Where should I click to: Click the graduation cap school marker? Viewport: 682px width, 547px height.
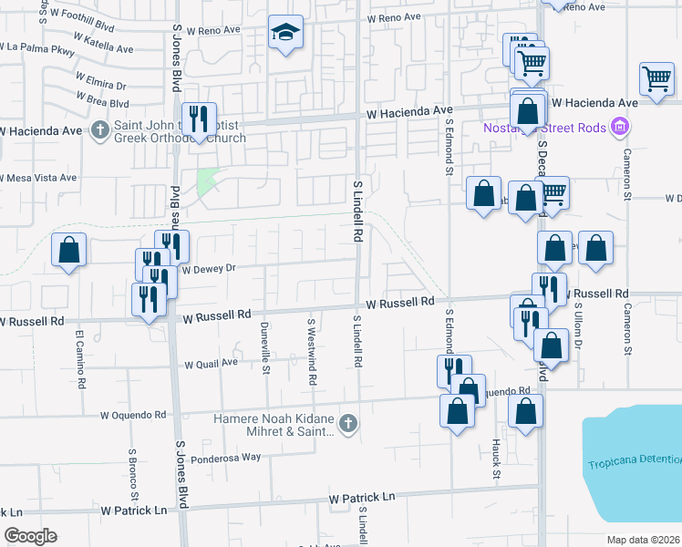click(x=285, y=34)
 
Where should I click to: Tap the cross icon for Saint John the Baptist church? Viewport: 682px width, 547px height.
click(x=100, y=129)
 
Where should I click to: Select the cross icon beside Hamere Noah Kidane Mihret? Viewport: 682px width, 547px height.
click(x=346, y=423)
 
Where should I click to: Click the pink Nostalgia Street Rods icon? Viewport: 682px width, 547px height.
click(x=622, y=127)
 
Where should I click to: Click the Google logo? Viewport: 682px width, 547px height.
click(x=31, y=535)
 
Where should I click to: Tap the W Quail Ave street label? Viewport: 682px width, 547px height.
click(x=211, y=363)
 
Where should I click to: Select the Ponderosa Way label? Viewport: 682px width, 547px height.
click(x=225, y=457)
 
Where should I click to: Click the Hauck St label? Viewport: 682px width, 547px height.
click(x=497, y=458)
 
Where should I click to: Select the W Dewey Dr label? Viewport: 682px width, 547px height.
click(x=209, y=269)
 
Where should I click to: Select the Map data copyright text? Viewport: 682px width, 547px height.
click(x=643, y=539)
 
